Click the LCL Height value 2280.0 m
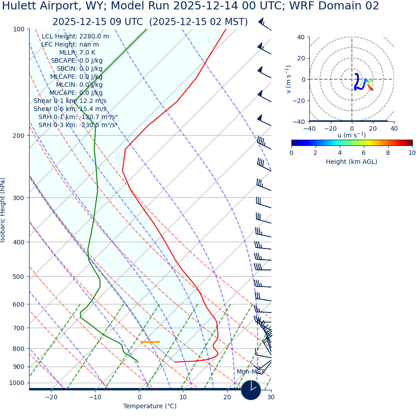(x=94, y=37)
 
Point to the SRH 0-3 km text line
(x=78, y=125)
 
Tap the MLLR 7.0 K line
(x=77, y=53)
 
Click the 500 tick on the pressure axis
(x=18, y=277)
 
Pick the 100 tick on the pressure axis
(x=18, y=29)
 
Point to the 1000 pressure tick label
(x=17, y=383)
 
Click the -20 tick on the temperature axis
(x=51, y=398)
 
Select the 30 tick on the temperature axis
(x=271, y=398)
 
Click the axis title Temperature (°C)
(x=150, y=406)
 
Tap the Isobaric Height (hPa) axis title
(x=3, y=210)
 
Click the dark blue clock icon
(x=251, y=390)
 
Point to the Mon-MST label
(x=251, y=372)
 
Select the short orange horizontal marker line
(x=150, y=342)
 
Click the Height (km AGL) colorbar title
(x=351, y=162)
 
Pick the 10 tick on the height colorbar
(x=412, y=153)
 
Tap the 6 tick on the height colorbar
(x=364, y=153)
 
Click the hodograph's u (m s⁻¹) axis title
(x=351, y=135)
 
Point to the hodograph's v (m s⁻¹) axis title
(x=289, y=79)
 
